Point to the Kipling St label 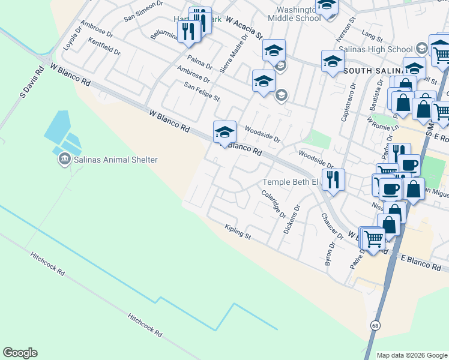coord(237,230)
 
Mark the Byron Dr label coord(328,254)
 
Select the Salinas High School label coord(375,49)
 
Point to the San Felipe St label coord(202,92)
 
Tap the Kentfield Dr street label coord(104,47)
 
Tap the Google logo coord(20,353)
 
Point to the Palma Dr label coord(199,62)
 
